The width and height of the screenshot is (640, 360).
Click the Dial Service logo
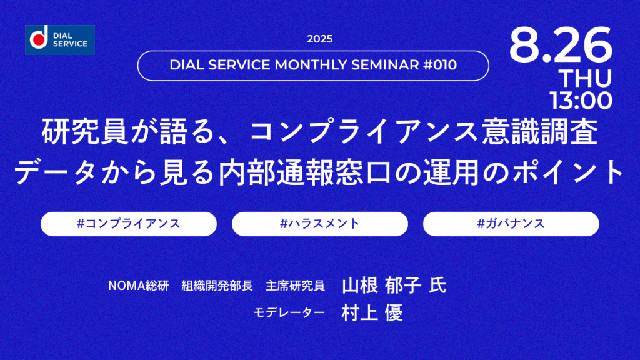click(x=60, y=40)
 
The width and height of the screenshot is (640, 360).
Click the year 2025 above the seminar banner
click(x=320, y=39)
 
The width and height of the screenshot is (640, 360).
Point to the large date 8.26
click(x=561, y=45)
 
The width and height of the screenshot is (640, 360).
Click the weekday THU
click(x=586, y=78)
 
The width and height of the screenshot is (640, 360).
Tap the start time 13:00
click(x=581, y=101)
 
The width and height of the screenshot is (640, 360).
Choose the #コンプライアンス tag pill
click(x=129, y=224)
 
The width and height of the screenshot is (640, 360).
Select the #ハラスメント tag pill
click(x=320, y=224)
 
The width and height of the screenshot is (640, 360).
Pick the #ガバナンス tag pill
click(x=511, y=224)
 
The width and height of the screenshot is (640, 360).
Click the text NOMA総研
click(x=139, y=286)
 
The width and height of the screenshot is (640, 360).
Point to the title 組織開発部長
click(x=217, y=286)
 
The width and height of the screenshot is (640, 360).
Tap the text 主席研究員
click(x=295, y=286)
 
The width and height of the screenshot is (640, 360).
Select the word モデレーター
click(x=289, y=312)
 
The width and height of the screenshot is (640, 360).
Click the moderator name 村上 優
click(x=372, y=313)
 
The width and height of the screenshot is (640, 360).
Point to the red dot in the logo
click(x=39, y=39)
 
